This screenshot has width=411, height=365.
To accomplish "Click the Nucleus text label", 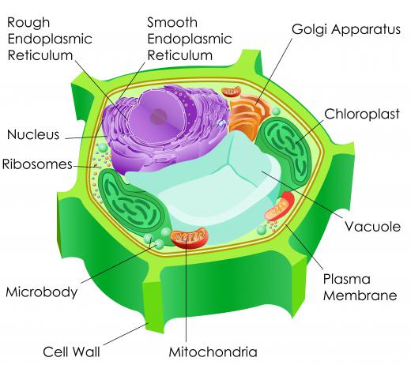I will pos(33,134).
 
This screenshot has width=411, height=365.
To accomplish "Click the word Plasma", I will pos(347,279).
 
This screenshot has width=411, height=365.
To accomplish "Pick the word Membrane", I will pos(360,296).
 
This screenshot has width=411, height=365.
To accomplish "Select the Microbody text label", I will pos(41,292).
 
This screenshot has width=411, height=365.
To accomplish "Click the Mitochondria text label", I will pos(213,350).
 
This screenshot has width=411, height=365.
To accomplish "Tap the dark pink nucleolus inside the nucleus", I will pos(160,116).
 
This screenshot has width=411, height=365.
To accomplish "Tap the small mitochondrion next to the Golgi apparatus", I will pos(231,93).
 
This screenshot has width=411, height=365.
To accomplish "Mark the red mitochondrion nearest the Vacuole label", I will pos(281,209).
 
